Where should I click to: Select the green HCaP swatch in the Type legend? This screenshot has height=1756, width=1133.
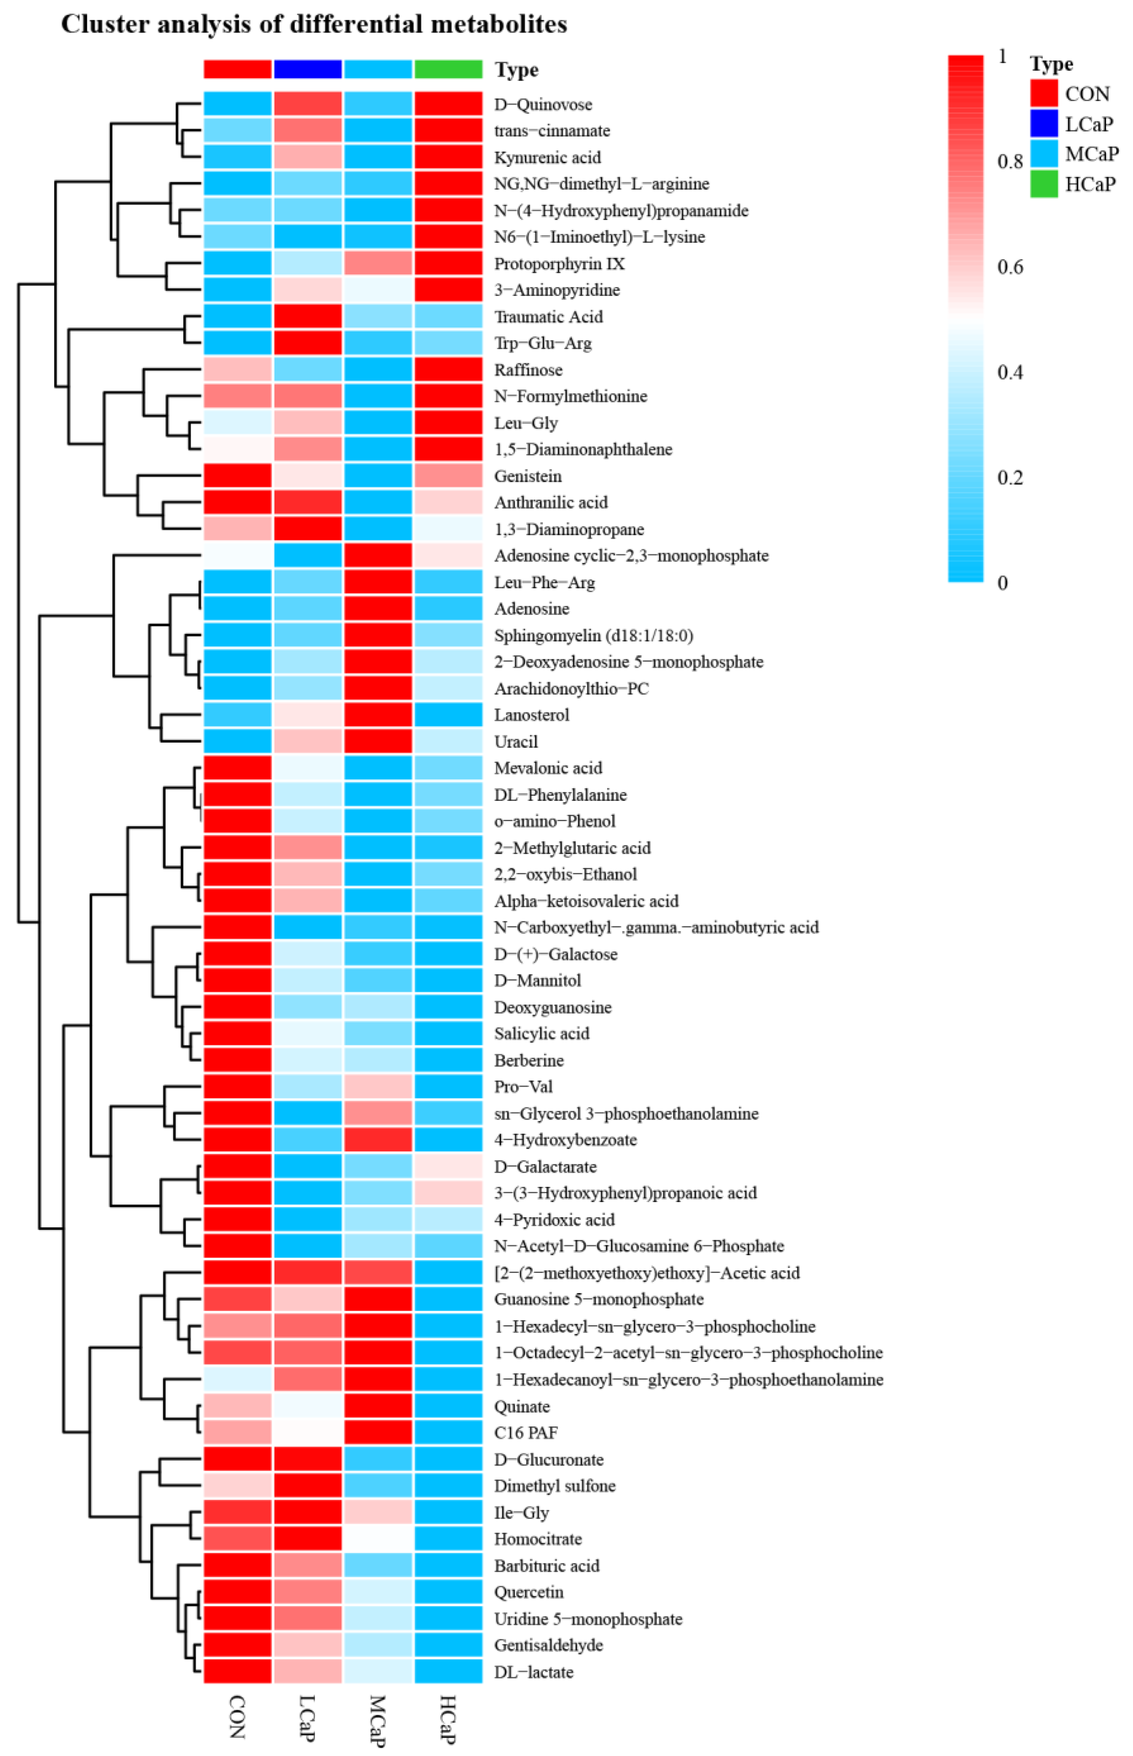point(1043,184)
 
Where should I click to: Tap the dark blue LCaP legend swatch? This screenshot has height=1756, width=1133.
point(1043,124)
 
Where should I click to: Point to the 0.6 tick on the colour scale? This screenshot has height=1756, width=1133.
point(1009,267)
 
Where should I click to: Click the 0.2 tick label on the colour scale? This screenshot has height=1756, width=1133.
point(1009,478)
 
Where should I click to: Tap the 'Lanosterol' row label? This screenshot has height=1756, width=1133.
point(531,715)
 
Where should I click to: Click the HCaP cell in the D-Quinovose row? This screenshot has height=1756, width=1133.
point(448,104)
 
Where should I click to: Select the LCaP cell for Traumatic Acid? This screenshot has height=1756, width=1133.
point(307,316)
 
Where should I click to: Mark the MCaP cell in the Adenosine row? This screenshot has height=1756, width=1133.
point(377,609)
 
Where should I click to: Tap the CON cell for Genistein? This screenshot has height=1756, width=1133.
point(237,476)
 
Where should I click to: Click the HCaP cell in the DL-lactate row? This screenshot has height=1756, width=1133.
point(448,1672)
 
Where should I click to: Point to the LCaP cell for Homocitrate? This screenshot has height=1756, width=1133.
point(307,1539)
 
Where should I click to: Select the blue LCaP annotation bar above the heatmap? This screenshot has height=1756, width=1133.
point(307,69)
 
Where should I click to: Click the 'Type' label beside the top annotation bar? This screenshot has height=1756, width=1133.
point(517,70)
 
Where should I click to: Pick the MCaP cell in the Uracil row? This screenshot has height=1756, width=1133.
point(377,741)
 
